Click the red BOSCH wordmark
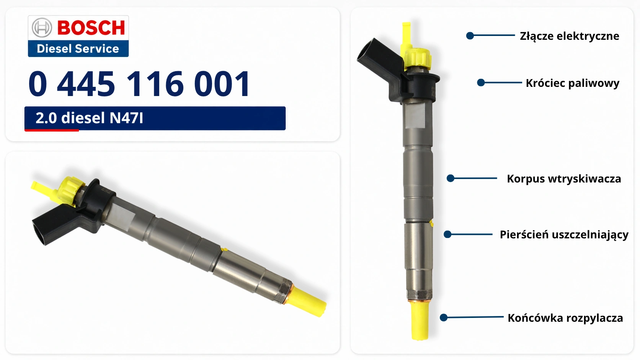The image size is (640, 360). pyautogui.click(x=91, y=28)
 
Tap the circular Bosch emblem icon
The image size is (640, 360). pyautogui.click(x=42, y=28)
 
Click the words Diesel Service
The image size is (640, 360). pyautogui.click(x=78, y=49)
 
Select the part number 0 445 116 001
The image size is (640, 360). pyautogui.click(x=139, y=84)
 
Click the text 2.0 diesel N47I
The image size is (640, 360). pyautogui.click(x=89, y=118)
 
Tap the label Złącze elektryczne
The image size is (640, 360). pyautogui.click(x=570, y=36)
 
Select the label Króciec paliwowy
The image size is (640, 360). pyautogui.click(x=573, y=83)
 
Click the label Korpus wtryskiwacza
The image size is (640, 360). pyautogui.click(x=564, y=179)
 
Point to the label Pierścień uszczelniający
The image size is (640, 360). pyautogui.click(x=564, y=235)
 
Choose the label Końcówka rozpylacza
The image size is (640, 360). pyautogui.click(x=565, y=318)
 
